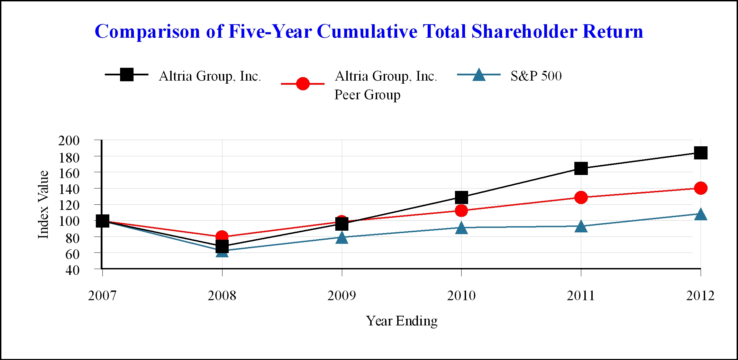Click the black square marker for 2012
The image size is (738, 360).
tap(701, 153)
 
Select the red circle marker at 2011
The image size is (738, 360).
tap(581, 197)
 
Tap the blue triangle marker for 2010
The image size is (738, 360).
tap(461, 228)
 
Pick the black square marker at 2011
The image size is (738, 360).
tap(581, 168)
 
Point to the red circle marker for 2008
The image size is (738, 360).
tap(222, 237)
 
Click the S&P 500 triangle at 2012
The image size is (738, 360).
tap(701, 215)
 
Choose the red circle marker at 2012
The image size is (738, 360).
tap(701, 188)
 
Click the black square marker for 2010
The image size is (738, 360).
tap(461, 197)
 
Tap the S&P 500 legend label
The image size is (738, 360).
tap(536, 76)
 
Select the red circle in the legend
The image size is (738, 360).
tap(303, 84)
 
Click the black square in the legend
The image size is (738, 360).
tap(127, 74)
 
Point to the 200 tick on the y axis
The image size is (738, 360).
tap(69, 141)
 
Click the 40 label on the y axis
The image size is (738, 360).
tap(72, 270)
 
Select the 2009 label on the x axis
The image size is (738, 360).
tap(341, 296)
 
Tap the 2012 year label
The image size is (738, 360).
tap(700, 296)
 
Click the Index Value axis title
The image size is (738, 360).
tap(43, 204)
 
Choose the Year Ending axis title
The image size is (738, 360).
tap(402, 321)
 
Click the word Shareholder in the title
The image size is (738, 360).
tap(525, 31)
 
